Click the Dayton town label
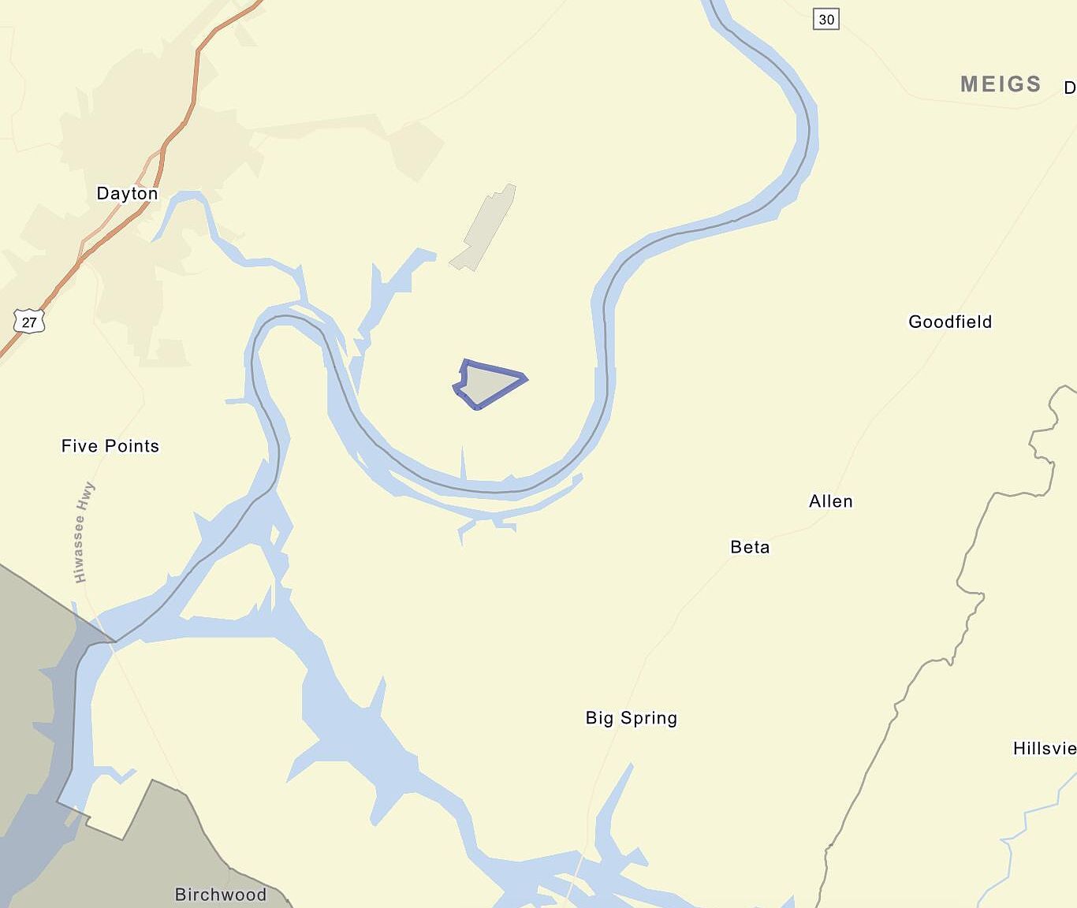127,193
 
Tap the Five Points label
110,446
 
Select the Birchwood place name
221,895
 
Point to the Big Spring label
631,718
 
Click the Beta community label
750,547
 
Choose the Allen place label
831,501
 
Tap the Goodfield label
950,322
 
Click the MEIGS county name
1001,84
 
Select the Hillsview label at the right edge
1045,748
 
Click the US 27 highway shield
29,322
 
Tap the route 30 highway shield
826,19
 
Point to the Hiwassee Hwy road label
84,532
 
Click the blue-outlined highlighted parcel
490,384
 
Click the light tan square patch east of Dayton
416,150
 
